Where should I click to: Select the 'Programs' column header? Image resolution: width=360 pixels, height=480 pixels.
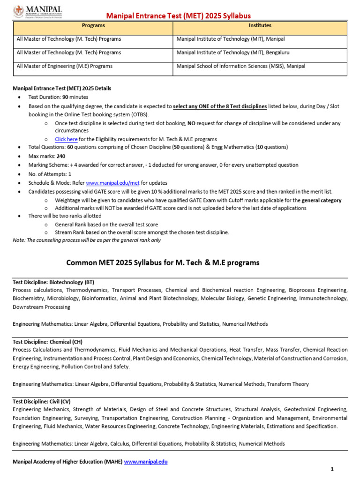tap(93, 26)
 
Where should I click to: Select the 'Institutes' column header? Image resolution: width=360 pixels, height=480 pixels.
tap(260, 26)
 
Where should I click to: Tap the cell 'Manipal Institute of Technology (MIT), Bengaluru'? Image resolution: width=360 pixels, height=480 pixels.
tap(233, 52)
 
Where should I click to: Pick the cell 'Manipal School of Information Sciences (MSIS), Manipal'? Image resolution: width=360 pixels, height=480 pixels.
tap(240, 66)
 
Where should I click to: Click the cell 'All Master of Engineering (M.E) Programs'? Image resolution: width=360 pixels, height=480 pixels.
tap(64, 66)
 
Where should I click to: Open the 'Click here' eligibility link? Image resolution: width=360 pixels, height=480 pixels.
tap(66, 139)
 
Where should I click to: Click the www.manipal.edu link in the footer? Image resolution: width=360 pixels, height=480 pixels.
tap(146, 462)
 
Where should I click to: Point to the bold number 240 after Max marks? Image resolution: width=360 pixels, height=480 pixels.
tap(61, 156)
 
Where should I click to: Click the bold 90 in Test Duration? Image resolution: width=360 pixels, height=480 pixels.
tap(66, 97)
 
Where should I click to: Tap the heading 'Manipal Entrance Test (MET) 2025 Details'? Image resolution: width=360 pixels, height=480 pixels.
tap(62, 88)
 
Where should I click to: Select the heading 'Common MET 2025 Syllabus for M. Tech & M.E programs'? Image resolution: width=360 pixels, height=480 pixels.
tap(163, 263)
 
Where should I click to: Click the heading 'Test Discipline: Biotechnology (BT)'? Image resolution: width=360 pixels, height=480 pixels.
tap(53, 282)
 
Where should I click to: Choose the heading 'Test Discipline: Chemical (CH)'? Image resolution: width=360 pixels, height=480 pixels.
tap(47, 342)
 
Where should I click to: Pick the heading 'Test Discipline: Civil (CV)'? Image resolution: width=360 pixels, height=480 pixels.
tap(42, 401)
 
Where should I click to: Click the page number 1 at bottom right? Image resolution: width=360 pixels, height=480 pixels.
tap(332, 469)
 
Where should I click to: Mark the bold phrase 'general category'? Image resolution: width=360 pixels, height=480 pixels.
tap(322, 200)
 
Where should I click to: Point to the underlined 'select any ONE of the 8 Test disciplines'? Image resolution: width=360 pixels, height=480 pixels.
tap(220, 106)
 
